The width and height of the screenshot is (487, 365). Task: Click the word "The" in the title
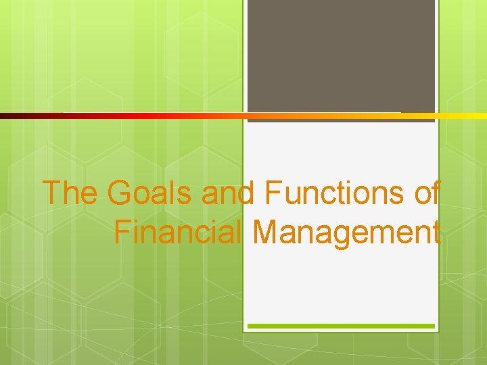pyautogui.click(x=70, y=193)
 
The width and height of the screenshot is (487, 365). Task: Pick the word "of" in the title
pyautogui.click(x=427, y=193)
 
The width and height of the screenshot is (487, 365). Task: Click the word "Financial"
pyautogui.click(x=178, y=233)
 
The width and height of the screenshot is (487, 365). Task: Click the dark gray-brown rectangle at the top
pyautogui.click(x=341, y=57)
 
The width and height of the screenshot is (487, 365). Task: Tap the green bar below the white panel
pyautogui.click(x=341, y=326)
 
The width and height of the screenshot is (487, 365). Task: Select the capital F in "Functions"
pyautogui.click(x=273, y=193)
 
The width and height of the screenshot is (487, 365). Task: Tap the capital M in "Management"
pyautogui.click(x=264, y=233)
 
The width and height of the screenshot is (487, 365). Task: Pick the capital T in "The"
pyautogui.click(x=52, y=193)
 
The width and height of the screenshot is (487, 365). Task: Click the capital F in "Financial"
pyautogui.click(x=121, y=233)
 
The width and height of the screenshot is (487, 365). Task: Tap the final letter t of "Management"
pyautogui.click(x=436, y=233)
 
